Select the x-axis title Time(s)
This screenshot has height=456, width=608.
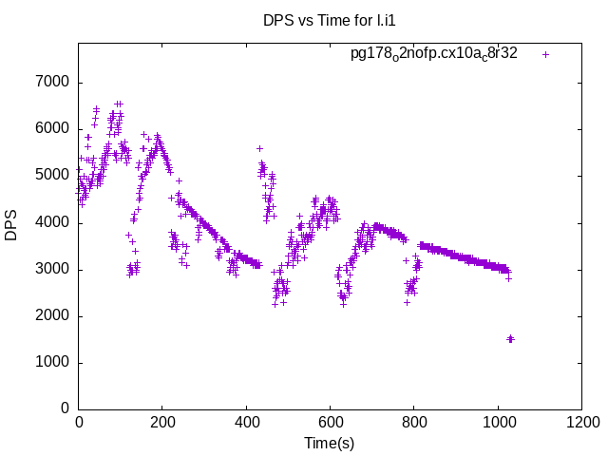(330, 443)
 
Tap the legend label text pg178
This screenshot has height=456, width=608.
(434, 53)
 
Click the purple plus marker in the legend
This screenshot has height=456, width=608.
(545, 54)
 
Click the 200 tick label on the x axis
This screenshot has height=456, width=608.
(162, 423)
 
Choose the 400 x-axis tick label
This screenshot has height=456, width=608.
(246, 423)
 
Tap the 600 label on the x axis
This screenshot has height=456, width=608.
(330, 423)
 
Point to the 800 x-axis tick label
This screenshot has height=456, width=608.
(413, 423)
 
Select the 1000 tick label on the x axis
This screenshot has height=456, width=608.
(497, 423)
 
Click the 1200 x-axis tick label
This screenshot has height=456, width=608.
(580, 423)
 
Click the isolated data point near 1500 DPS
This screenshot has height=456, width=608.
(510, 338)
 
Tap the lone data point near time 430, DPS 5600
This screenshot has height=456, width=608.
(259, 148)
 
